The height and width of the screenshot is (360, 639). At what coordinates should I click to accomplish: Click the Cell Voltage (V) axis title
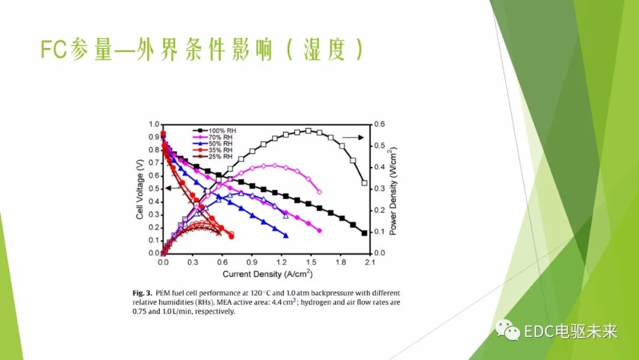140,188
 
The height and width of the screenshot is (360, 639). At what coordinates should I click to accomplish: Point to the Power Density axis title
393,188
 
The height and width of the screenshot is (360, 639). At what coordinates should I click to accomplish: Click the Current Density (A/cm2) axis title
267,274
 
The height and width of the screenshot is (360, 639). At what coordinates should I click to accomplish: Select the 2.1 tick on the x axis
370,261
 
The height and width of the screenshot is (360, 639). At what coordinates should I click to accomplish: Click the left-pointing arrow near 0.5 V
172,188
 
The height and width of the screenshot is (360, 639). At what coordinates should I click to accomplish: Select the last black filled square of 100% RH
364,233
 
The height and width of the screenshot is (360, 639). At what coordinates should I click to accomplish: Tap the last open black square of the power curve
364,183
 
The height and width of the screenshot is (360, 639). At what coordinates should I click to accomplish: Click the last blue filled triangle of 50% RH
286,236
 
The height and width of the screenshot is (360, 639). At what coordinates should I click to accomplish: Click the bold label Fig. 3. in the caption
142,293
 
